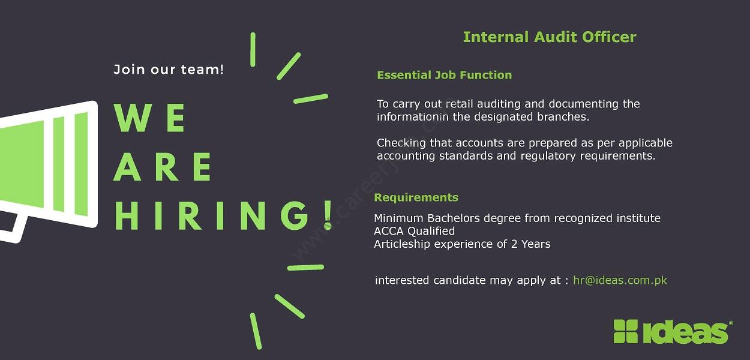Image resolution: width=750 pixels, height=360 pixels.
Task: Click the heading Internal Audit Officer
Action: coord(550,37)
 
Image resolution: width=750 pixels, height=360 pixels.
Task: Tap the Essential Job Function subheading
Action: coord(445,75)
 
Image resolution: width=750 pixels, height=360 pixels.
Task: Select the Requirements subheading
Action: coord(416,197)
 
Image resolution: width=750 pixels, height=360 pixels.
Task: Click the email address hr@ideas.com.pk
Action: coord(620,280)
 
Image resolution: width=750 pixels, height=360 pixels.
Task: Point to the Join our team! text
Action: coord(169,70)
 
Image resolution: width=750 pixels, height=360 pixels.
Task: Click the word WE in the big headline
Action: coord(149,118)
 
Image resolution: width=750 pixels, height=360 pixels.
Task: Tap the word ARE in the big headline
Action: coord(163,167)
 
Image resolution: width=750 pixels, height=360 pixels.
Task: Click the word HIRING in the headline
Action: coord(212,215)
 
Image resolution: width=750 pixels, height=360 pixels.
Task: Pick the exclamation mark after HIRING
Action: coord(328,215)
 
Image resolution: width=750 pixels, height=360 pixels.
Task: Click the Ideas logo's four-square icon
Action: coord(625,331)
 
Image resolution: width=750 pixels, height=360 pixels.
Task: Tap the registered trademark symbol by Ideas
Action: coord(731,323)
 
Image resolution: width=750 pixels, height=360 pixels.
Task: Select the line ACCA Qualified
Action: coord(414,231)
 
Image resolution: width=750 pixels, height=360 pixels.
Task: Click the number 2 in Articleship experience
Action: coord(514,244)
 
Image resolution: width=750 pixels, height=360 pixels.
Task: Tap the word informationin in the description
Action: coord(413,117)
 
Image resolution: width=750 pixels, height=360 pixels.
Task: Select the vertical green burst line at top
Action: coord(253,50)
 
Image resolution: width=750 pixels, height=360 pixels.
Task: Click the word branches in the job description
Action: coord(563,117)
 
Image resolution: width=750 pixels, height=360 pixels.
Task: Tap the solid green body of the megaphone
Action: coord(22,164)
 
